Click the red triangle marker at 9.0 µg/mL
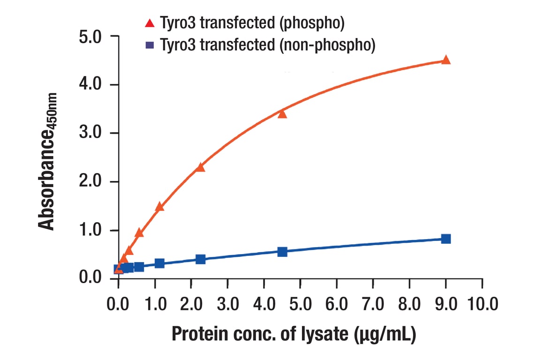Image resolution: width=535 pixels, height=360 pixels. [446, 60]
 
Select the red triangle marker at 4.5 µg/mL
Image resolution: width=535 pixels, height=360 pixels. [282, 114]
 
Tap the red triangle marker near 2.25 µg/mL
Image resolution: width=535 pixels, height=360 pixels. [200, 167]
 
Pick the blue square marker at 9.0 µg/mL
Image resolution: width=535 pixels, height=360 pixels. [446, 239]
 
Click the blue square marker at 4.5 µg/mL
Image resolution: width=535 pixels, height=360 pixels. [282, 252]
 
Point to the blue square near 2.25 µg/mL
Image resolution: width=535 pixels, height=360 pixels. [200, 259]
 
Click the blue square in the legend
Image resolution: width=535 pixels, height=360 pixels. [150, 45]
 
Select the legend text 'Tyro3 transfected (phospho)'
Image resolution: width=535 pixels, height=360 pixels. [253, 22]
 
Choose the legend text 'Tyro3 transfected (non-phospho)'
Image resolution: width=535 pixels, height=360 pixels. [268, 45]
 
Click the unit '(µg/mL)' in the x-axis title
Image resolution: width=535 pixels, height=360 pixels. [382, 334]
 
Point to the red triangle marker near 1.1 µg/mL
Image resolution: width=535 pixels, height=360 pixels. [159, 206]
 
